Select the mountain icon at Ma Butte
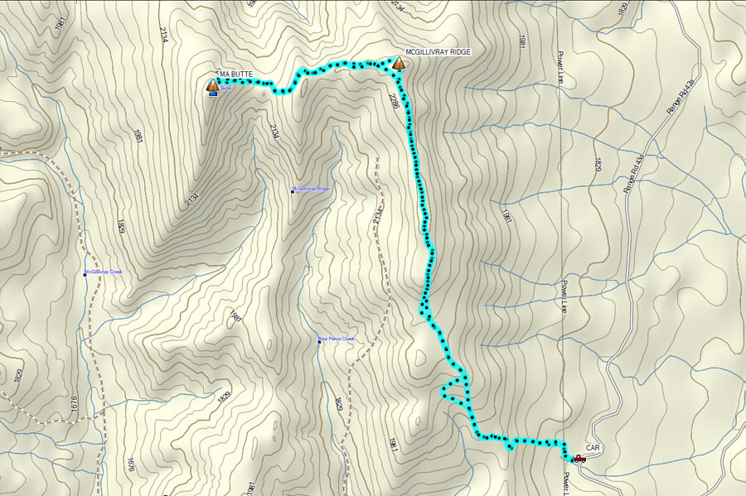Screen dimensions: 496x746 point(212,84)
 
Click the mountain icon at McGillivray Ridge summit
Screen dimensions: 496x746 point(399,63)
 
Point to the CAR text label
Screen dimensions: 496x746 point(593,447)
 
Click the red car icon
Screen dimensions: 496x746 point(579,458)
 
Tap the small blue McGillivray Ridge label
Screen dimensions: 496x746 point(313,190)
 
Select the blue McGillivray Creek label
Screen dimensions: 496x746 point(104,272)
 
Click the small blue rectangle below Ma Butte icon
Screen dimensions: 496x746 point(213,94)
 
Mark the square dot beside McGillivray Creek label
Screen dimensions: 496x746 point(85,273)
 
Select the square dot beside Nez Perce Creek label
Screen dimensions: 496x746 point(320,339)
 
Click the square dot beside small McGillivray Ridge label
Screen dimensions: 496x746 point(293,190)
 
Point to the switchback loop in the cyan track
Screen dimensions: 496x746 point(454,388)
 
